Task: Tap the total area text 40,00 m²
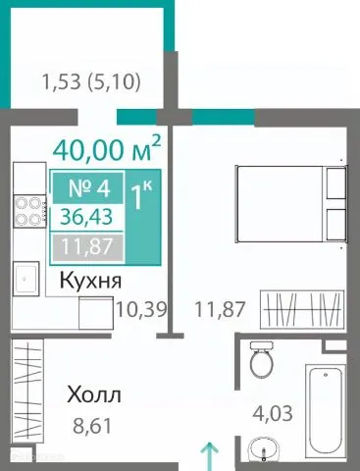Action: (106, 152)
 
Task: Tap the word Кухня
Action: (90, 281)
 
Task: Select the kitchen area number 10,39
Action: (139, 310)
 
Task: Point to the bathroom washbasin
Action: (263, 450)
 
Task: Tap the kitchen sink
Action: (26, 279)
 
